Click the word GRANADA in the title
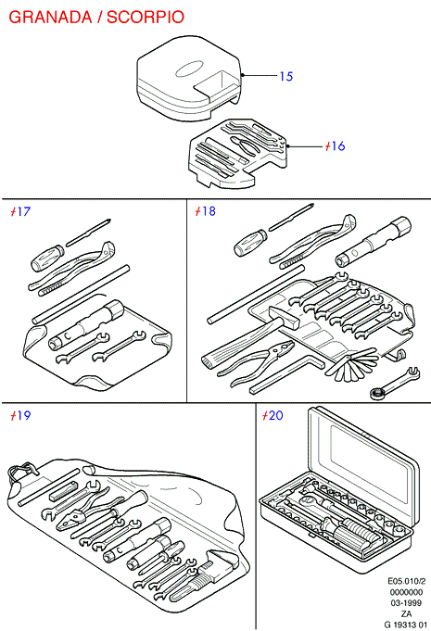click(x=50, y=17)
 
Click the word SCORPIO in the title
click(x=146, y=17)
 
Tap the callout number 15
click(x=286, y=76)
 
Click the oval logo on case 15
click(x=190, y=69)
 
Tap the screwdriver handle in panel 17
click(x=47, y=259)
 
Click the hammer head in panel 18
click(x=285, y=316)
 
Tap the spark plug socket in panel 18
click(x=374, y=241)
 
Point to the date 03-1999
click(x=406, y=603)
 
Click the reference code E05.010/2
click(x=407, y=581)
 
